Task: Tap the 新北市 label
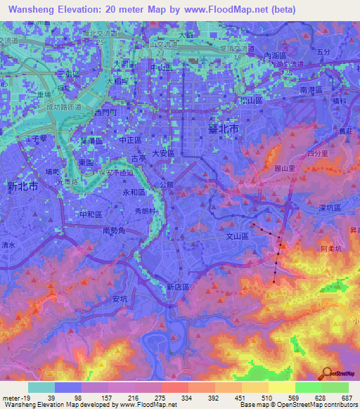pos(22,188)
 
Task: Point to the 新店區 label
pos(179,287)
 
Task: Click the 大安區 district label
pos(163,153)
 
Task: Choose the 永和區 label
pos(134,192)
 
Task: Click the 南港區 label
pos(310,91)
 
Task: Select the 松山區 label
pos(251,101)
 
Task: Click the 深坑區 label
pos(329,209)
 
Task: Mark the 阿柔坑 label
pos(330,249)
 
